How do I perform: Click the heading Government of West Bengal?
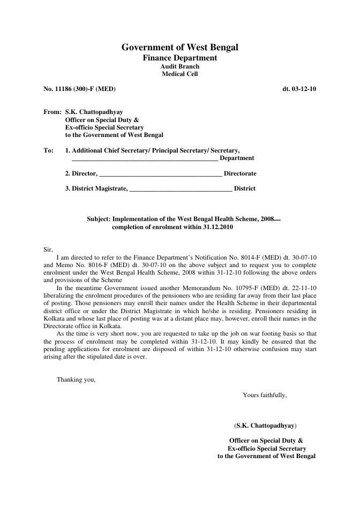tap(180, 48)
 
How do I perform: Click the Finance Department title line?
tap(180, 58)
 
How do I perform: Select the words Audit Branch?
tap(180, 66)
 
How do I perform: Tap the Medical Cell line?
tap(180, 74)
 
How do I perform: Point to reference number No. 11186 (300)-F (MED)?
tap(79, 89)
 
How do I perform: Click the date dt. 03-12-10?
tap(299, 89)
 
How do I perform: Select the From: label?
tap(52, 113)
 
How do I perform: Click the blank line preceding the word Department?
tap(145, 159)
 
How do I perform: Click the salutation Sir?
tap(48, 249)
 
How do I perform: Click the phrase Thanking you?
tap(76, 380)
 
